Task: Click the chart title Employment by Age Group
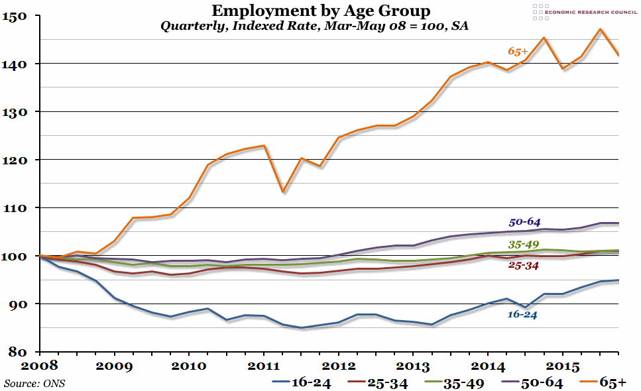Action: [x=320, y=11]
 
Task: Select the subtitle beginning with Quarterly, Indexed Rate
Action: [x=320, y=27]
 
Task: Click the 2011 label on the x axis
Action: [x=264, y=365]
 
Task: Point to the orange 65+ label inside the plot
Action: [x=518, y=50]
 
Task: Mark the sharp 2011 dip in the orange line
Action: [x=282, y=192]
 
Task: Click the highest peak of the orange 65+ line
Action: [x=600, y=29]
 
